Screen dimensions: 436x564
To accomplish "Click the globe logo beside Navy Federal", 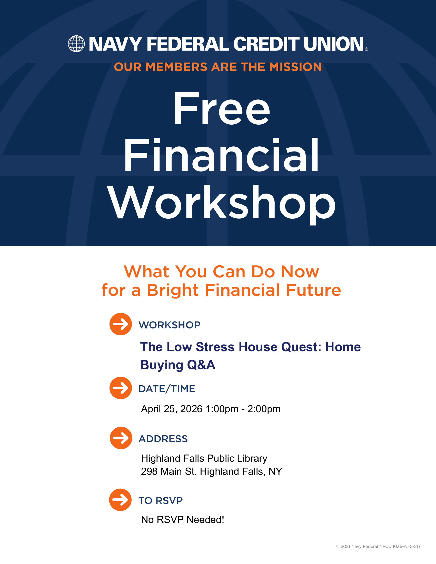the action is pyautogui.click(x=76, y=44).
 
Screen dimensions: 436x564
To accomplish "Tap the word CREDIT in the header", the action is pyautogui.click(x=266, y=44).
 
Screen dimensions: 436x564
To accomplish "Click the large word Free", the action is pyautogui.click(x=222, y=108).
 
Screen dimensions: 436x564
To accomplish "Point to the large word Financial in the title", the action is pyautogui.click(x=221, y=155).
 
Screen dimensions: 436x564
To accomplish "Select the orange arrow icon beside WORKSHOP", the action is pyautogui.click(x=121, y=324).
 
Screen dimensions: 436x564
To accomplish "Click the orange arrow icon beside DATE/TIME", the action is pyautogui.click(x=121, y=388).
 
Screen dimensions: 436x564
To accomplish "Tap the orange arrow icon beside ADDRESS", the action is pyautogui.click(x=121, y=438).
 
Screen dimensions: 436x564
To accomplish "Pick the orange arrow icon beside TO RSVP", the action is pyautogui.click(x=120, y=500).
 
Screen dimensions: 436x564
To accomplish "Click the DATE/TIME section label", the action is pyautogui.click(x=167, y=389).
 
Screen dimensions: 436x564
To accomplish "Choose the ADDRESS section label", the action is pyautogui.click(x=163, y=439).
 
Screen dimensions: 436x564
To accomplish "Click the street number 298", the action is pyautogui.click(x=149, y=471).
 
